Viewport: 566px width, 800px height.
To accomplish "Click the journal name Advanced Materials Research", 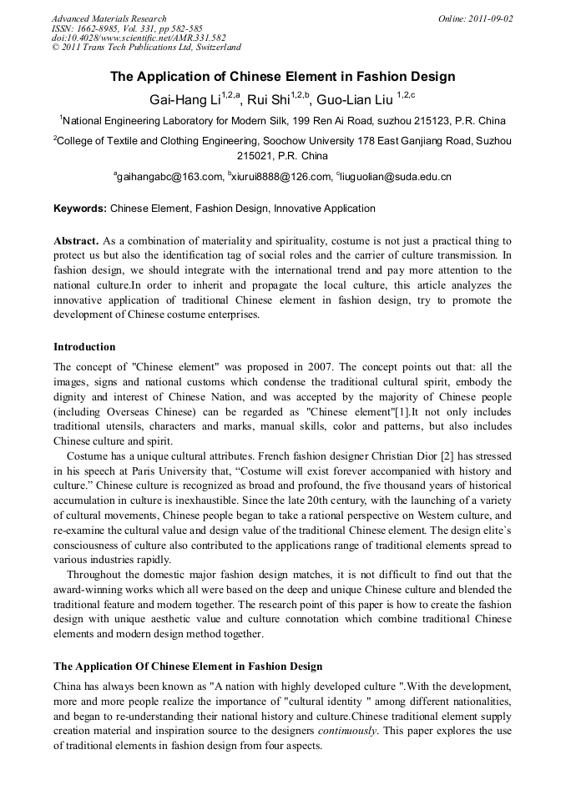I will click(109, 18).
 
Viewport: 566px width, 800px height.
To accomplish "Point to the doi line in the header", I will click(139, 38).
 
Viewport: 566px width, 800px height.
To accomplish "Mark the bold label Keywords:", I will click(80, 209).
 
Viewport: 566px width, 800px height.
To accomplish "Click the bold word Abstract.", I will click(76, 240).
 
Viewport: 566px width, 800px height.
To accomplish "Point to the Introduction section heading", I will click(84, 347).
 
